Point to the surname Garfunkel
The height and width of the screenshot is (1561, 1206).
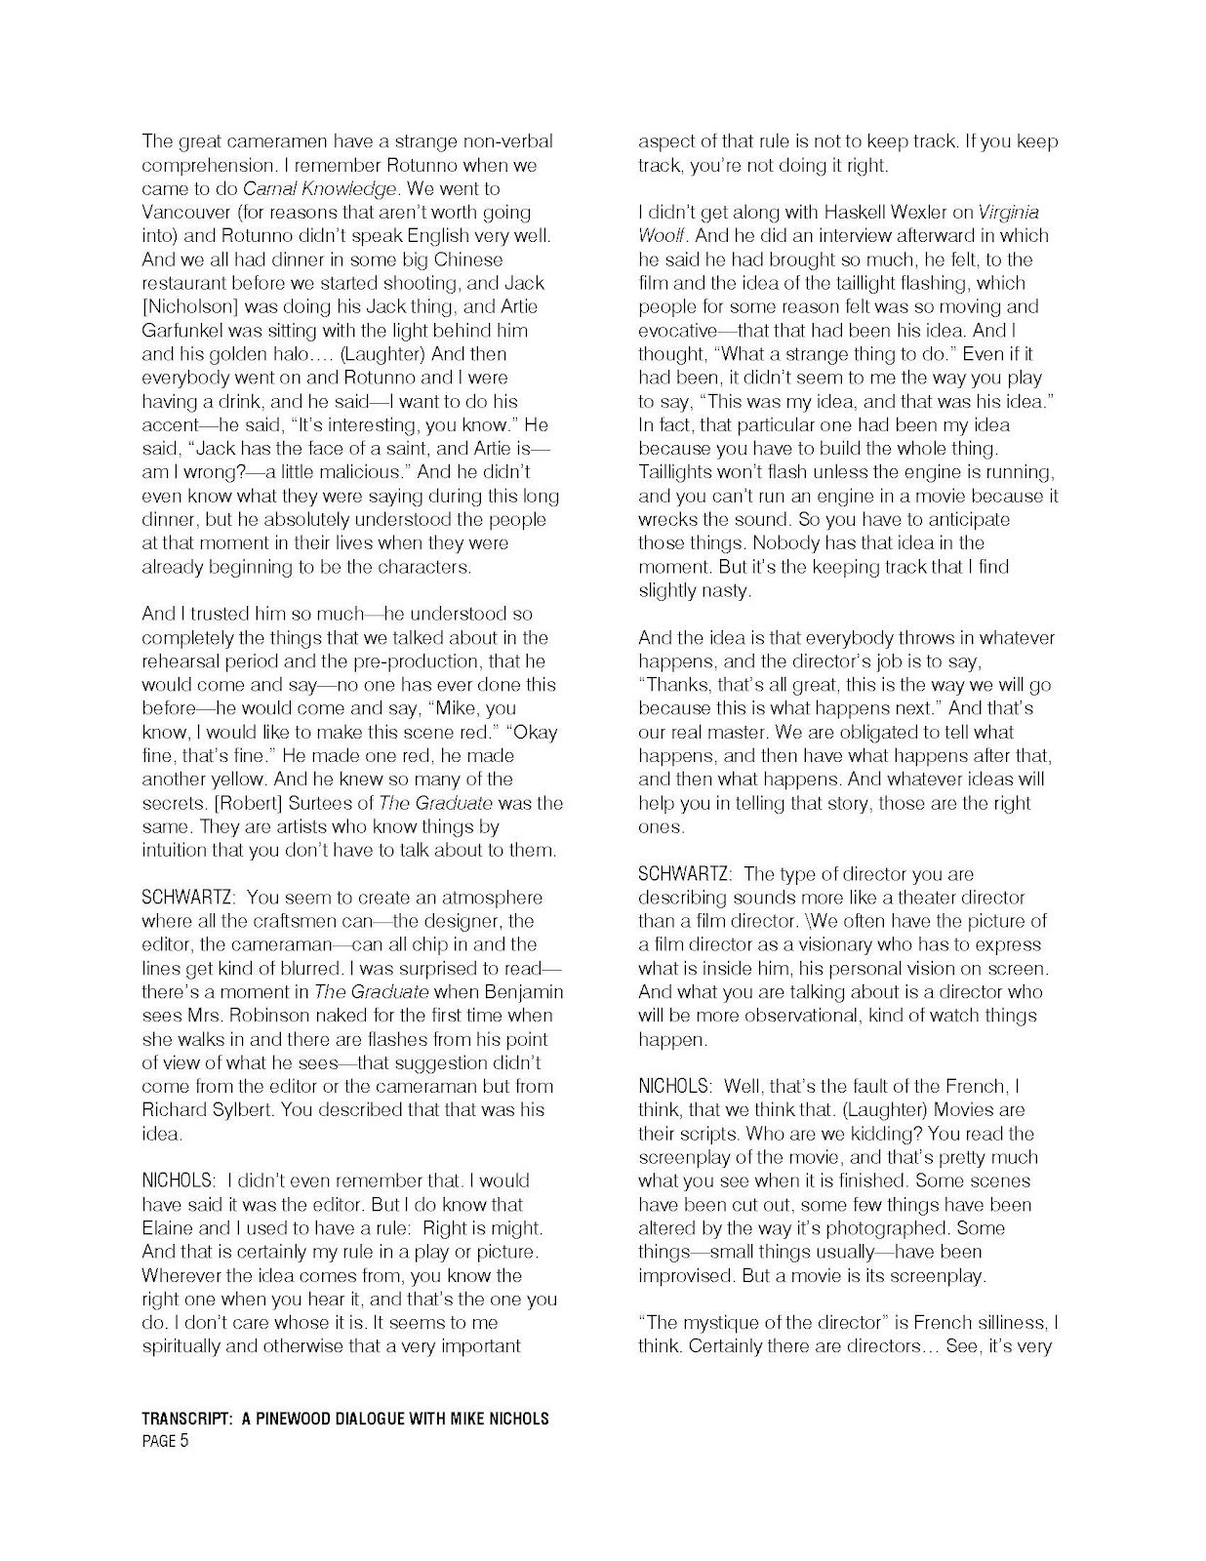point(182,330)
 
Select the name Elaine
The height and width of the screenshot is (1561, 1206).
point(168,1228)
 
